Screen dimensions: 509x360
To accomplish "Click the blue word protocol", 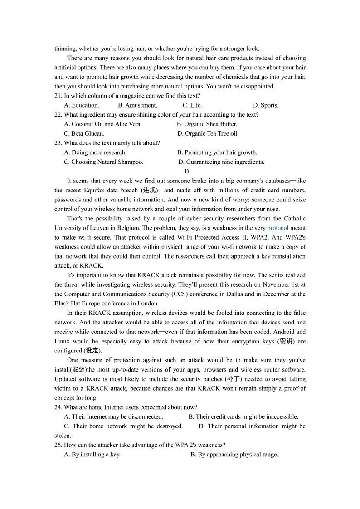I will pos(277,228).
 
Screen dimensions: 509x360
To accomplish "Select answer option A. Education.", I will pos(82,105).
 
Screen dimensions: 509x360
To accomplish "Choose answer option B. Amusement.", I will pos(137,105).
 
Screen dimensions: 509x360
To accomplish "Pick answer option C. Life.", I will pos(192,105).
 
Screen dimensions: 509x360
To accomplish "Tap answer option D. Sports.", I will pos(266,105).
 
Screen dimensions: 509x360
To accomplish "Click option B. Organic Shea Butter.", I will pos(207,124).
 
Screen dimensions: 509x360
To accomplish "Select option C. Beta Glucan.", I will pos(84,133).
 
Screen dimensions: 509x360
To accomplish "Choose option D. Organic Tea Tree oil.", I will pos(208,133).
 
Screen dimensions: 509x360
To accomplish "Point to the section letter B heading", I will pos(187,171).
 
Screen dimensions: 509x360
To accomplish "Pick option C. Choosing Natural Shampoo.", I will pos(104,162).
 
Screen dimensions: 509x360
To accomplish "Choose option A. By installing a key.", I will pos(92,454).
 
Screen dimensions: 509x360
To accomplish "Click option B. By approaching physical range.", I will pos(234,454).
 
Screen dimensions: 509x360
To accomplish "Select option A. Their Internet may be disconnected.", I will pos(114,416).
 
